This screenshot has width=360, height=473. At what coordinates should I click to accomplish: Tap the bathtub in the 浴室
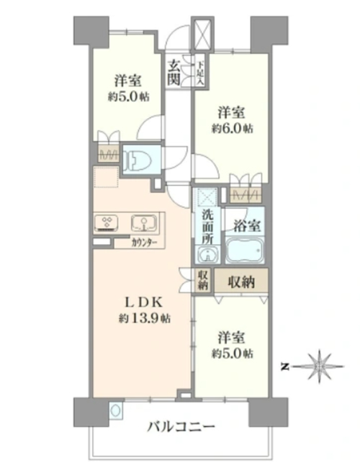(244, 250)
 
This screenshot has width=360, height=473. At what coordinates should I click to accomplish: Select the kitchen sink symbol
(143, 223)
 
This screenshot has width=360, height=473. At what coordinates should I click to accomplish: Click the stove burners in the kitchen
(106, 223)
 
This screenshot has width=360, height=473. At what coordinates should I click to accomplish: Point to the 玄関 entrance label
(174, 73)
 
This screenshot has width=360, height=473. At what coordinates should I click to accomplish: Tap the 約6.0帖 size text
(231, 129)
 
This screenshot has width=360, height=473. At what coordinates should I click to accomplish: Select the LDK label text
(144, 303)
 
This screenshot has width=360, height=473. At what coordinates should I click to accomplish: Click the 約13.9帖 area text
(144, 318)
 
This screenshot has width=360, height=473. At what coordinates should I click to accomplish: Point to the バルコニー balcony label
(181, 427)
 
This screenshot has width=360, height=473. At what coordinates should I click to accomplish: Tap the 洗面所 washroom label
(207, 226)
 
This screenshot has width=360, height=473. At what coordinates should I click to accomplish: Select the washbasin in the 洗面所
(207, 254)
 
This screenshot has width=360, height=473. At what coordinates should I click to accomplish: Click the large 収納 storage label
(240, 282)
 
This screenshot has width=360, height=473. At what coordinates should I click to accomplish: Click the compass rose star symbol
(318, 366)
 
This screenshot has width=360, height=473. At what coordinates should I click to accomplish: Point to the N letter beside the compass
(284, 367)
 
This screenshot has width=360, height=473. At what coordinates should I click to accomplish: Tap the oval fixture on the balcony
(115, 410)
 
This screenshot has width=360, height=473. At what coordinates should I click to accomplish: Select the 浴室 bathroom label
(247, 227)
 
